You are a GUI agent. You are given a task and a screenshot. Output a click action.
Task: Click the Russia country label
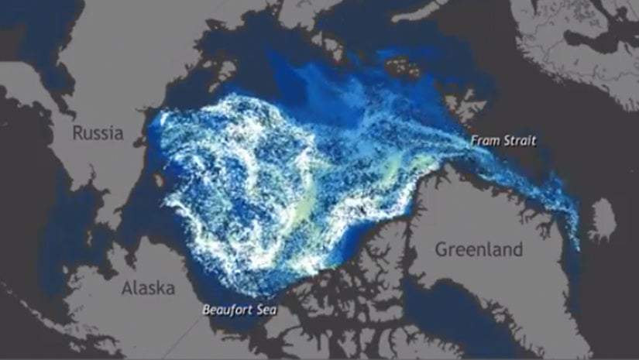click(98, 133)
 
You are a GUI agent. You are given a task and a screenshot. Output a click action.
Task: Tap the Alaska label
click(148, 289)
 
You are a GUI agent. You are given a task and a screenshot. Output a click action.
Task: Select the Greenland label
click(478, 250)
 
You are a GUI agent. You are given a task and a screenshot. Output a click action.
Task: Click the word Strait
click(520, 141)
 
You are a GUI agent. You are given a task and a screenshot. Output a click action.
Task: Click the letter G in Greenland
click(441, 250)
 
